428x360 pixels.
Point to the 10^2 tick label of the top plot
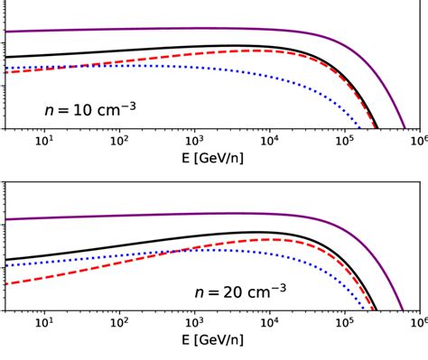coord(119,142)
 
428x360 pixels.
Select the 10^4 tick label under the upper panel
coord(269,142)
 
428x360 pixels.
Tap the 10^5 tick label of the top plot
coord(344,142)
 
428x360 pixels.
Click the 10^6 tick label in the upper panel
coord(418,142)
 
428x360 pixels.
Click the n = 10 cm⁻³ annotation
coord(90,110)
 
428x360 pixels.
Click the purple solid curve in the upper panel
coord(181,29)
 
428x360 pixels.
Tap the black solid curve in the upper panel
coord(135,50)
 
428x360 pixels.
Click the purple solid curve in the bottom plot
coord(181,214)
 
